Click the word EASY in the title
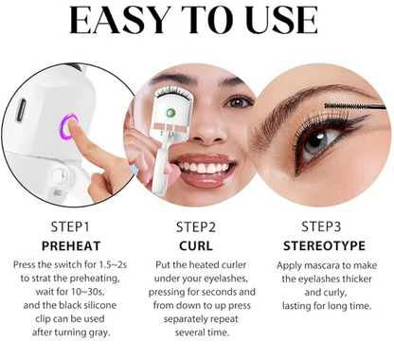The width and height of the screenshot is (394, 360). coord(117,20)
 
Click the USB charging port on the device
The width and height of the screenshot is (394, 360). coord(21,110)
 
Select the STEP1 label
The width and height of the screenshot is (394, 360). coord(70,227)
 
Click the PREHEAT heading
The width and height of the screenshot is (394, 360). coord(71,246)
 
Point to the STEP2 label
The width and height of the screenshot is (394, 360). coord(196,227)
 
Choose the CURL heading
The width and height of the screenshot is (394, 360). coord(196,246)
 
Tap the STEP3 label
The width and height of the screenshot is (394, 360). coord(321,226)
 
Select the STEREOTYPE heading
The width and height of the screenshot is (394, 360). coord(324,245)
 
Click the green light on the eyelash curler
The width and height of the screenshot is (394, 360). coord(170,112)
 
